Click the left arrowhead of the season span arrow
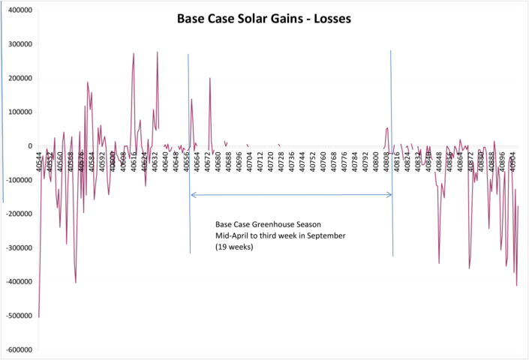(192, 195)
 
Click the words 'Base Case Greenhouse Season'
(266, 224)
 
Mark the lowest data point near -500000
(38, 317)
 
